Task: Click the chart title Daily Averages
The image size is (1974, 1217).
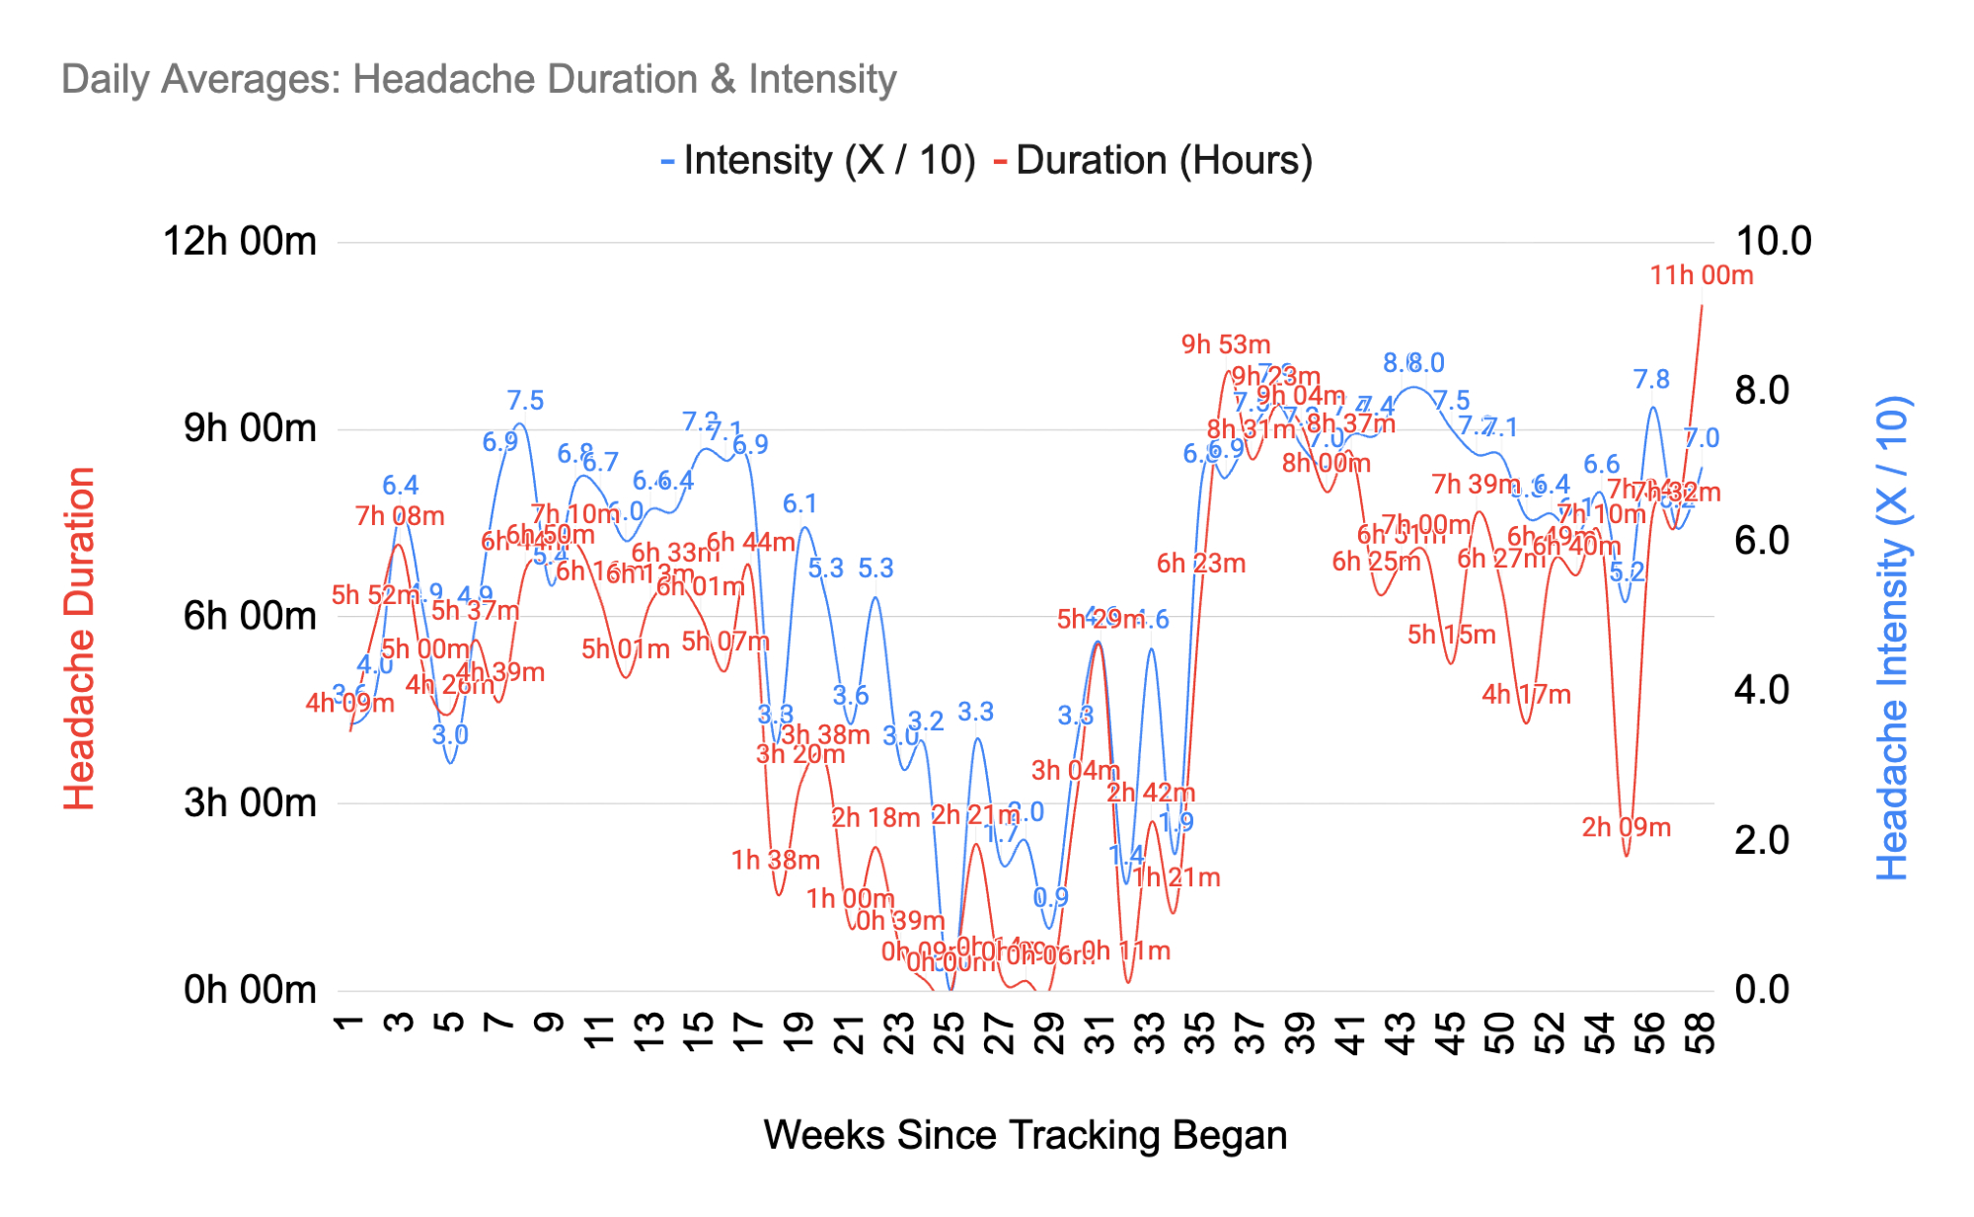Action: tap(479, 79)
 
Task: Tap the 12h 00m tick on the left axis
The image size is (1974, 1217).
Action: tap(240, 242)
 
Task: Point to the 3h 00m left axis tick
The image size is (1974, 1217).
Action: tap(250, 803)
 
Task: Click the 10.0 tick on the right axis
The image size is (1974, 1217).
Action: tap(1773, 242)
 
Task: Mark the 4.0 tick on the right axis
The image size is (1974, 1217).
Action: tap(1761, 691)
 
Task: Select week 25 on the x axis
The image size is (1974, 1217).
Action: tap(949, 1032)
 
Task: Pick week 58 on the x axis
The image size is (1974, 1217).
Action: tap(1702, 1032)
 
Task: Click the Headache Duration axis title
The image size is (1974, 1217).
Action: tap(79, 639)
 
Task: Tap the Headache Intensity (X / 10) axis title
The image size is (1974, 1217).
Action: tap(1892, 639)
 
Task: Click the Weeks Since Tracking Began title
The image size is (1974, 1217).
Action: tap(1025, 1135)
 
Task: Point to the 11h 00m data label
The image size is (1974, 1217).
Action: tap(1701, 275)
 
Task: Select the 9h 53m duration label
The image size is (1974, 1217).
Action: tap(1225, 344)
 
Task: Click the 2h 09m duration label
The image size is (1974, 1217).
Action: tap(1626, 827)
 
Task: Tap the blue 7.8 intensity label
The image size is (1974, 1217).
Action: tap(1650, 379)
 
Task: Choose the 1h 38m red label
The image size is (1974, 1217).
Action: tap(775, 860)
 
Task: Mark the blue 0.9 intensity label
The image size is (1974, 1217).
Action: tap(1050, 897)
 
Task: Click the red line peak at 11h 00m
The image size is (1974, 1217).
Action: tap(1702, 306)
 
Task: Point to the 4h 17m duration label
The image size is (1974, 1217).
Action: tap(1526, 694)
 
